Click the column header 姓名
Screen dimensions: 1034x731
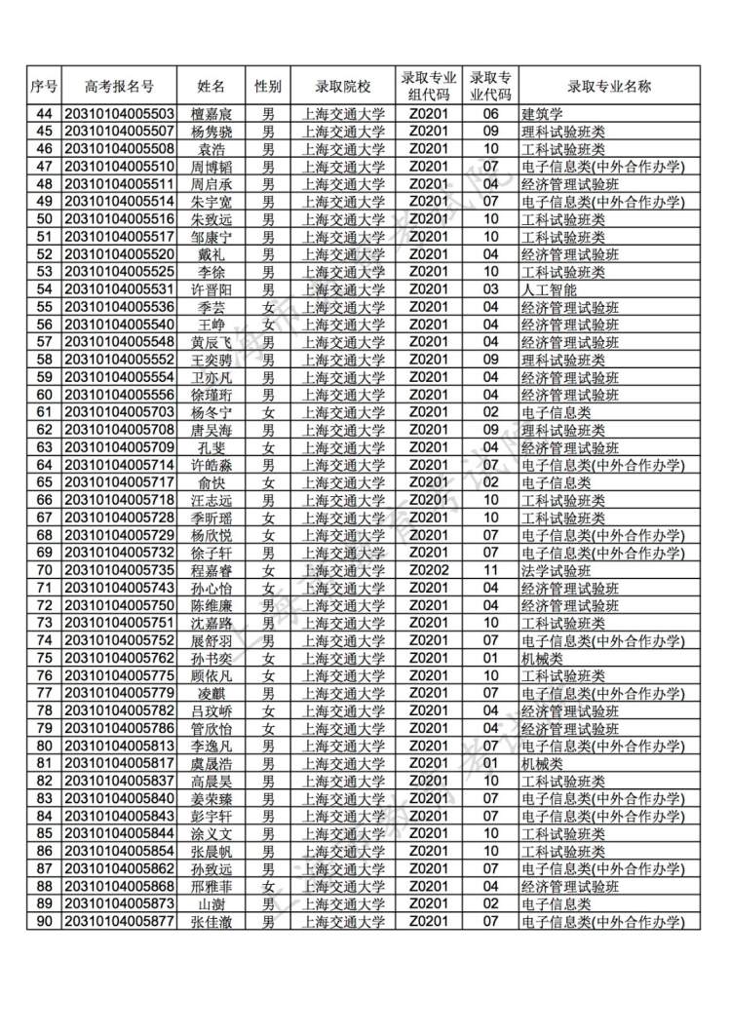[x=212, y=86]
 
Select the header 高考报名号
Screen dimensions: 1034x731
[x=119, y=86]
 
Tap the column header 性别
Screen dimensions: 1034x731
[x=268, y=86]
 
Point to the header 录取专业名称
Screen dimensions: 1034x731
[x=610, y=86]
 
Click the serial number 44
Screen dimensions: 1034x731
[x=44, y=114]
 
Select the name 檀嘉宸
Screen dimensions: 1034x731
[x=212, y=114]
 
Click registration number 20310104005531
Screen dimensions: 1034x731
[x=119, y=289]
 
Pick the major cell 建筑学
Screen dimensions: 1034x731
[x=543, y=114]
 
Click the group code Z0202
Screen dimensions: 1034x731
[x=428, y=570]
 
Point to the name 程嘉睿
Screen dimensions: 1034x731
[x=212, y=570]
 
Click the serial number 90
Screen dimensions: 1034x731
[x=44, y=921]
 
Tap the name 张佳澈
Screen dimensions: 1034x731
[x=212, y=921]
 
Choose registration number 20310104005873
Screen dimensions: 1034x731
[x=119, y=903]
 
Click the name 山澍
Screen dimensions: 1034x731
[x=212, y=903]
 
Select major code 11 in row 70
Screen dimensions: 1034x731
[x=491, y=570]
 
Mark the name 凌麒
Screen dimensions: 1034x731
[x=212, y=693]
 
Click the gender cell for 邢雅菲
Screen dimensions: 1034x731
[x=268, y=886]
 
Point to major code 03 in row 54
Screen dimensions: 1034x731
[x=491, y=289]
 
